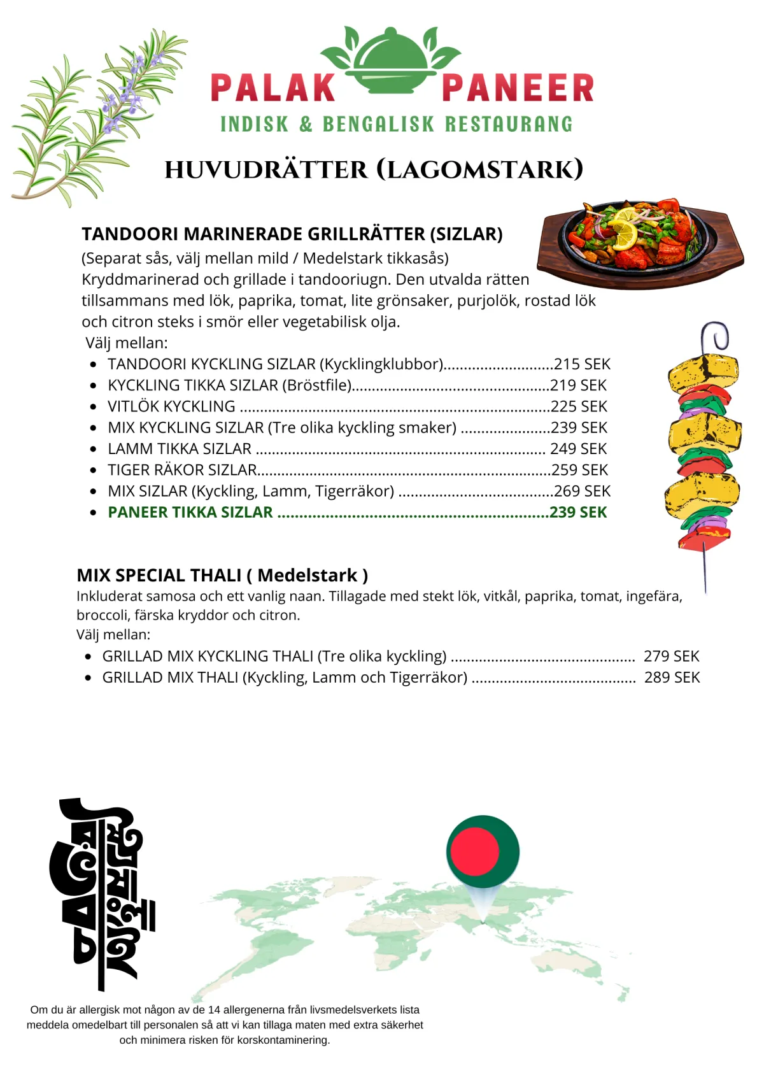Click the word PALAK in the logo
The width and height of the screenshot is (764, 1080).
(272, 88)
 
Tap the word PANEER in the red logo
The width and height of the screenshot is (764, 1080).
(518, 88)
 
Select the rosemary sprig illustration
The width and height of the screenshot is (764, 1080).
(95, 118)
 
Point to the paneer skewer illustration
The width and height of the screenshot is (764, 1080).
(704, 452)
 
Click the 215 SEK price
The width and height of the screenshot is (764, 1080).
(582, 364)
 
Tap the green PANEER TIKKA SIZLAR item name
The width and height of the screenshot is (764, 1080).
(190, 513)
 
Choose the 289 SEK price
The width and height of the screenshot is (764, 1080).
(672, 678)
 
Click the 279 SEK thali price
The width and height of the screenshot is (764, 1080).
(671, 657)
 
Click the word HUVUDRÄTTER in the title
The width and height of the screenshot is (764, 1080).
(266, 170)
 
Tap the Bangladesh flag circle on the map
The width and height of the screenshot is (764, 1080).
(483, 851)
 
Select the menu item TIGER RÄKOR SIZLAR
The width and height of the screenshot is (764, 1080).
(182, 470)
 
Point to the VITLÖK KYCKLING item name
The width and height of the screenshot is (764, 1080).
(171, 406)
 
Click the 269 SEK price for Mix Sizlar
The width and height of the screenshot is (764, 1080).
(582, 492)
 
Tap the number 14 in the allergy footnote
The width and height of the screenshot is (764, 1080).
(214, 1010)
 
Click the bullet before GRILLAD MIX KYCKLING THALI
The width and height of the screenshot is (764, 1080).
(88, 657)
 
